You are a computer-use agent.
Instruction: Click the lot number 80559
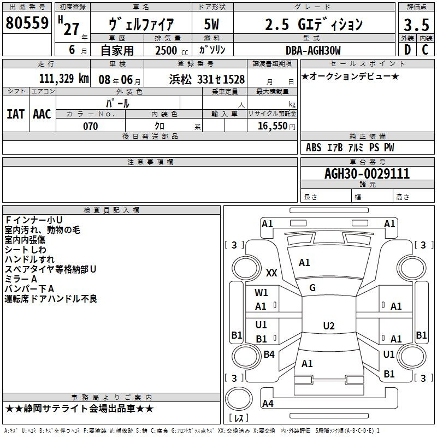[27, 23]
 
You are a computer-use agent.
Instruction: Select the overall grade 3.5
[416, 25]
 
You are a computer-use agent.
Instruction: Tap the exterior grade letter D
[408, 50]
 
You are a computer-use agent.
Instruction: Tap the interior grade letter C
[425, 50]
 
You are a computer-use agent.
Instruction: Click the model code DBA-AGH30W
[313, 50]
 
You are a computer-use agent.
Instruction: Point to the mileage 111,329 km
[64, 79]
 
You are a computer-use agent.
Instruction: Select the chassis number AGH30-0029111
[367, 174]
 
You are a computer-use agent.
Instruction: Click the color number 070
[91, 126]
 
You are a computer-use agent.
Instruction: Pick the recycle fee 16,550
[276, 126]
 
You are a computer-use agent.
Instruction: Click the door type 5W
[211, 24]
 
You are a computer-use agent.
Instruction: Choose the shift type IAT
[16, 114]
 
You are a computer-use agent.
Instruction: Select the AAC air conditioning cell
[42, 114]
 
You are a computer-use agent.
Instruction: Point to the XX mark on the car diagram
[271, 273]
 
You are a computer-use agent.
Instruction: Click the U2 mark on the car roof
[329, 326]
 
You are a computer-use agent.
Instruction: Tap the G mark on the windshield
[312, 288]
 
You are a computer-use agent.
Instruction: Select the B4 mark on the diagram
[269, 354]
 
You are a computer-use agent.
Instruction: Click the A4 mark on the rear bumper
[268, 403]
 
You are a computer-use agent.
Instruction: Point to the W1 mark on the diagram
[261, 293]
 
